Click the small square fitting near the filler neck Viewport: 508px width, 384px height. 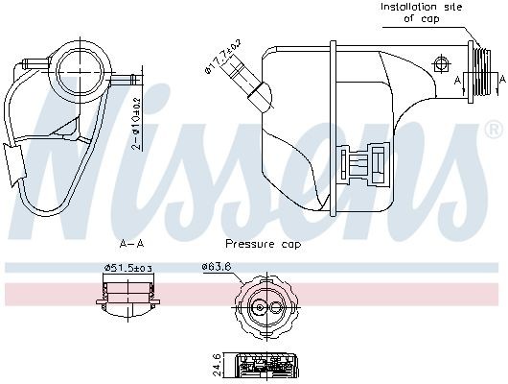[442, 64]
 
